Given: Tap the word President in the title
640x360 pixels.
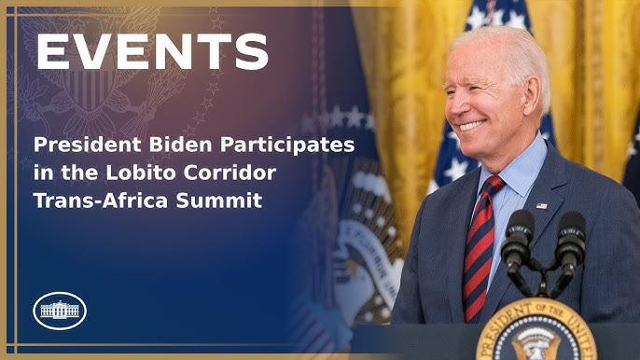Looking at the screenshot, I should click(82, 146).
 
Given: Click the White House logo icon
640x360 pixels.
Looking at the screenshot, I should click(60, 310).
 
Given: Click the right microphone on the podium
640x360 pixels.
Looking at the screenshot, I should click(570, 233).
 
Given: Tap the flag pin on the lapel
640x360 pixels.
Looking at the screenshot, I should click(542, 205).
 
